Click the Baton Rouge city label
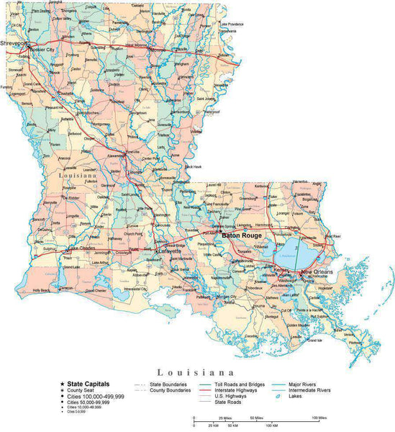(x=241, y=235)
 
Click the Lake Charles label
(x=79, y=250)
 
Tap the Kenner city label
(x=281, y=271)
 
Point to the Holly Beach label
(x=42, y=290)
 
